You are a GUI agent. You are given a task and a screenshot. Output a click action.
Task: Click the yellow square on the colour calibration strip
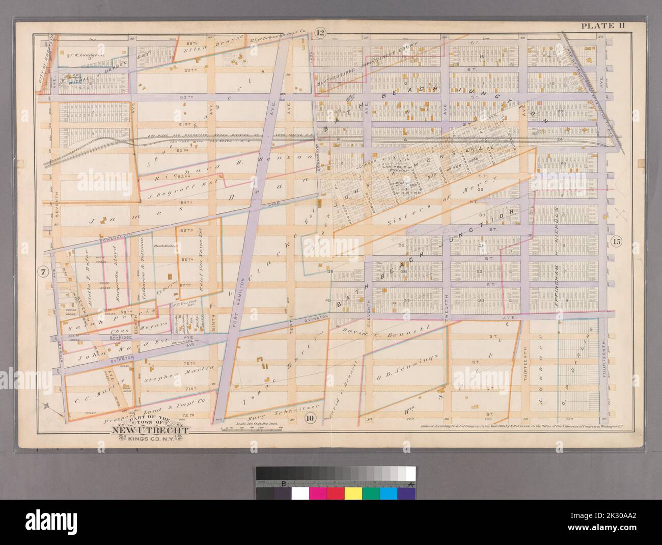click(353, 494)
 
